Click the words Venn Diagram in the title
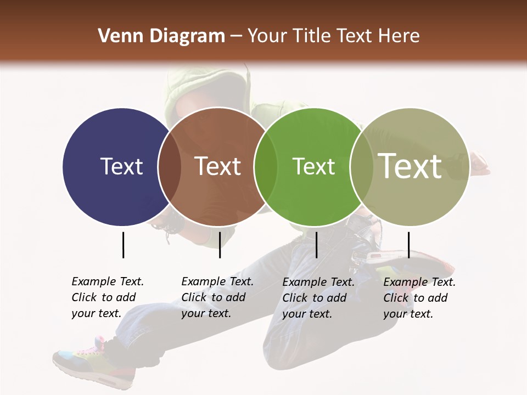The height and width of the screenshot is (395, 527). point(161,36)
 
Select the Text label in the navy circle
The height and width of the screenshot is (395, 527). point(121,166)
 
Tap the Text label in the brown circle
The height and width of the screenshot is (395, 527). point(218,166)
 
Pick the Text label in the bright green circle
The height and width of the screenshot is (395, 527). point(313,166)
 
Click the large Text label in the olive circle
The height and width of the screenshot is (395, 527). point(410,166)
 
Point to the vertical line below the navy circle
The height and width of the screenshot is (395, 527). point(123,245)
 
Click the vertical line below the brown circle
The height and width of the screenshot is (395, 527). point(220,245)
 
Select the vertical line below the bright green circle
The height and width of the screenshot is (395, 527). point(316,245)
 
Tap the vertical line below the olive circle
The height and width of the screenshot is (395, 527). point(408,245)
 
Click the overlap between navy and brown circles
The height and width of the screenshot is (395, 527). point(169,167)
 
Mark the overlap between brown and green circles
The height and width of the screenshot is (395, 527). point(265,167)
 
